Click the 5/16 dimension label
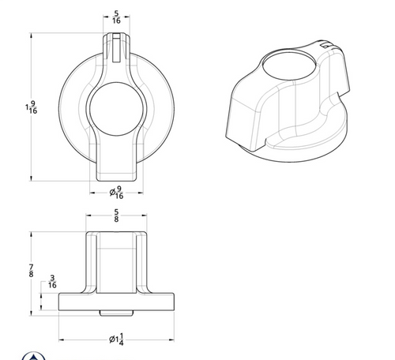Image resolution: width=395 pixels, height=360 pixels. click(116, 17)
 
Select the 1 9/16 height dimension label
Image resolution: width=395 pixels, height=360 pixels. click(32, 107)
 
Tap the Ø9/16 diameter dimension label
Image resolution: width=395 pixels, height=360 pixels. click(116, 193)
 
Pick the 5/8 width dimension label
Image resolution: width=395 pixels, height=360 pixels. click(116, 216)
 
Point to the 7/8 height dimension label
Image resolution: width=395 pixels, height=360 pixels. click(31, 271)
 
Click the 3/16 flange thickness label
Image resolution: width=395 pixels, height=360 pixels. click(52, 282)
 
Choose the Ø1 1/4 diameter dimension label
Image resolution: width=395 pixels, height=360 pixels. click(116, 339)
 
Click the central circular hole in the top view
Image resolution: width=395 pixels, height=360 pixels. click(116, 109)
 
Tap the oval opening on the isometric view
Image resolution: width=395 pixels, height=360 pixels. click(289, 66)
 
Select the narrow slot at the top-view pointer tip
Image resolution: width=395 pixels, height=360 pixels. click(116, 48)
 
